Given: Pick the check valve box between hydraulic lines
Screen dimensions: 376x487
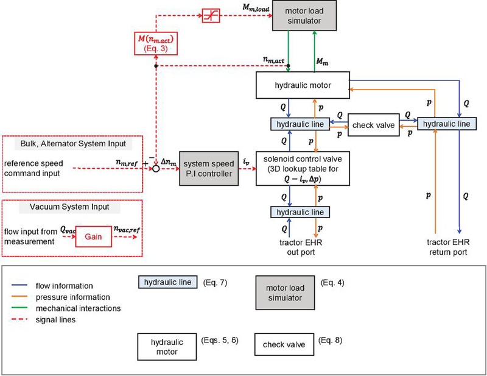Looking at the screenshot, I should [x=373, y=125].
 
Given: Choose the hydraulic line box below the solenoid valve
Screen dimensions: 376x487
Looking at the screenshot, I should [x=301, y=211].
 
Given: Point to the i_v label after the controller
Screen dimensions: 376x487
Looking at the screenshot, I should [x=245, y=161].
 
